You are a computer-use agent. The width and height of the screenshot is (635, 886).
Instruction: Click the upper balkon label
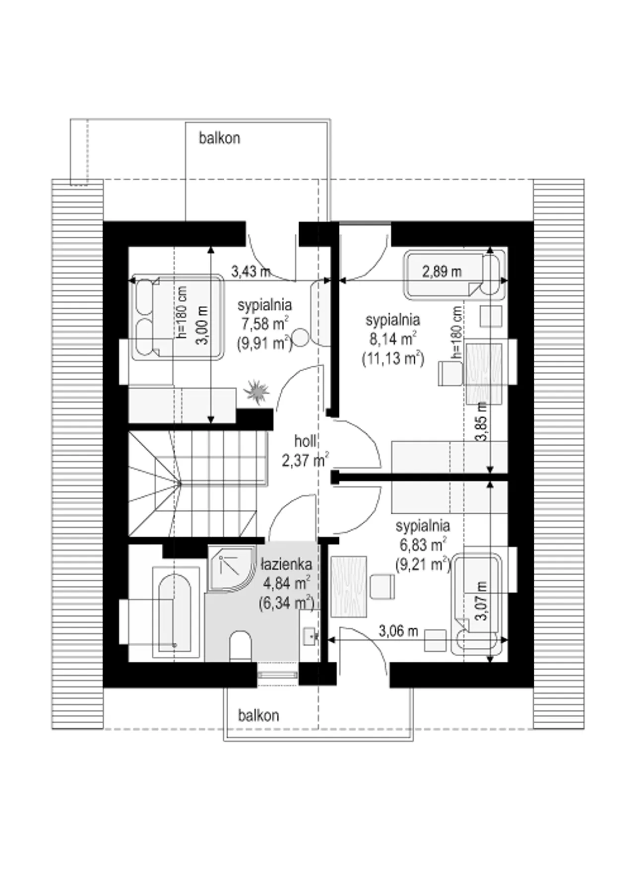pyautogui.click(x=219, y=138)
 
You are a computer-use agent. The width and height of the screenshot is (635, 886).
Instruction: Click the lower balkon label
pyautogui.click(x=258, y=715)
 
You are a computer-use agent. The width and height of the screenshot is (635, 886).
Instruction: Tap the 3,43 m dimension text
pyautogui.click(x=251, y=272)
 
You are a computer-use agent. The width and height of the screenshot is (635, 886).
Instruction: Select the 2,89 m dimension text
pyautogui.click(x=442, y=272)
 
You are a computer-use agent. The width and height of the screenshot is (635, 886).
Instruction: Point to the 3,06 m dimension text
pyautogui.click(x=398, y=631)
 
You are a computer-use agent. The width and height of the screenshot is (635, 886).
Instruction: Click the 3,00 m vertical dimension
pyautogui.click(x=203, y=325)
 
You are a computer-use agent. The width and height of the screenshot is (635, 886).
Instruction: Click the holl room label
pyautogui.click(x=305, y=441)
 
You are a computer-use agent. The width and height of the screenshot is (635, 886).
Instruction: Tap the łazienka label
pyautogui.click(x=287, y=564)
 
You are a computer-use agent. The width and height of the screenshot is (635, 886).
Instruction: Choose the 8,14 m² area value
pyautogui.click(x=392, y=339)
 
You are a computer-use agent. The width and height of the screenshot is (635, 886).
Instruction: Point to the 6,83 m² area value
pyautogui.click(x=422, y=545)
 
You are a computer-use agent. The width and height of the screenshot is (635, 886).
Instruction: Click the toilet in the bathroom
pyautogui.click(x=241, y=646)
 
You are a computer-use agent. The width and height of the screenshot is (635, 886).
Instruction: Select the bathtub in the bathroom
pyautogui.click(x=174, y=614)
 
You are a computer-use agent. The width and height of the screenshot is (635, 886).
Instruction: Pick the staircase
pyautogui.click(x=197, y=483)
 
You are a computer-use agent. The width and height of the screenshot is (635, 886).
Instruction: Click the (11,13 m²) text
pyautogui.click(x=393, y=358)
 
